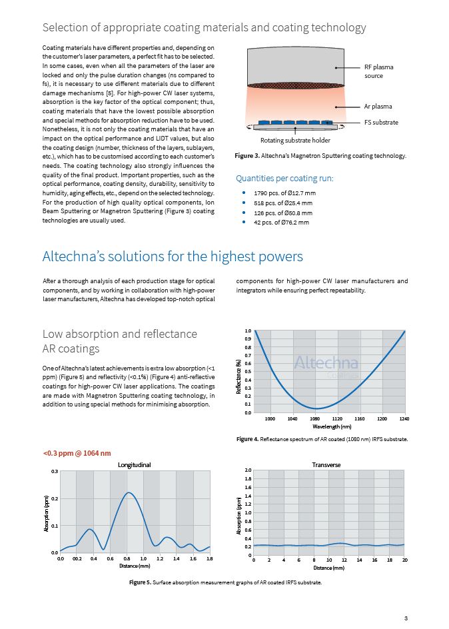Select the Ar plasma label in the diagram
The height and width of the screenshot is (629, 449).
378,107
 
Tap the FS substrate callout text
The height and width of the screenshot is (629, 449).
381,123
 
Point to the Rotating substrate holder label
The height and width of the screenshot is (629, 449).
294,140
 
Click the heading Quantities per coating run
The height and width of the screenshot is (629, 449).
284,179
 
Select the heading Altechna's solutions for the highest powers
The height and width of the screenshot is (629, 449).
173,257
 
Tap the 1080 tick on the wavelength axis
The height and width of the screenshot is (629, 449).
315,418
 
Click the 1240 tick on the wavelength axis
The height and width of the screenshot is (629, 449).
404,418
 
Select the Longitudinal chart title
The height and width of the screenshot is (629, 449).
135,464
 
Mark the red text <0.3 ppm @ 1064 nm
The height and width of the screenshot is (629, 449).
77,454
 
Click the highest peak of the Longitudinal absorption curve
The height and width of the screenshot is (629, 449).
130,493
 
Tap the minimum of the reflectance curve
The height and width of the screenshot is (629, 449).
318,408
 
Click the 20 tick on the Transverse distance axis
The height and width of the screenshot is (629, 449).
405,561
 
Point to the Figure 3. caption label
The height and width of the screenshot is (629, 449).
249,156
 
